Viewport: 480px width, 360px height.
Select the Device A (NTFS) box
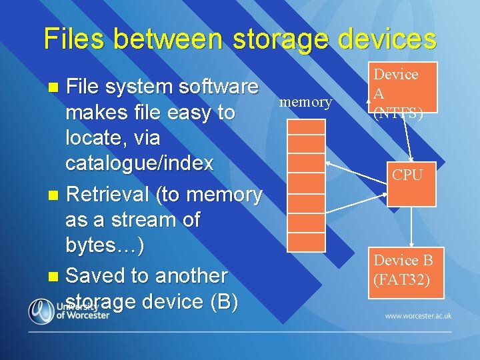click(404, 87)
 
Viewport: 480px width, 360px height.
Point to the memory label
click(305, 102)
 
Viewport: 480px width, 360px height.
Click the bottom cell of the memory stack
click(306, 242)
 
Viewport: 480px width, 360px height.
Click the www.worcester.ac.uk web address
click(418, 315)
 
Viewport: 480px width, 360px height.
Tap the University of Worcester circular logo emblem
click(41, 311)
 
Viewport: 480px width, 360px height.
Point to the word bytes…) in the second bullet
click(105, 245)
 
